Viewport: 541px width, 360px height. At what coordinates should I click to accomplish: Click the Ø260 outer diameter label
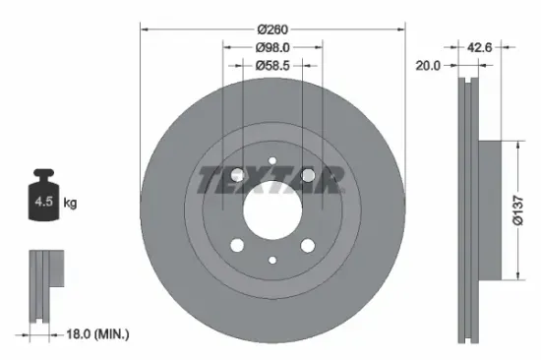coord(272,30)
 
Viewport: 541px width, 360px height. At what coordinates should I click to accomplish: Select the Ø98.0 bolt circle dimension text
coord(271,47)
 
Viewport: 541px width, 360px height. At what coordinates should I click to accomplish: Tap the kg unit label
coord(71,204)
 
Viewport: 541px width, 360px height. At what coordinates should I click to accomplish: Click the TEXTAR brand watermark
coord(271,180)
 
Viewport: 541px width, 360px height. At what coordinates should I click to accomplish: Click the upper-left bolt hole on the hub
coord(236,175)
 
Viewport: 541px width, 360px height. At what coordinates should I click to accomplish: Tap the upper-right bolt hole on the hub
coord(308,175)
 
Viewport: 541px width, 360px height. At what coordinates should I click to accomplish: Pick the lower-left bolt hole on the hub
coord(236,246)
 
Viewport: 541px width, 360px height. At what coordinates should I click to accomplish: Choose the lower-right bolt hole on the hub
coord(308,246)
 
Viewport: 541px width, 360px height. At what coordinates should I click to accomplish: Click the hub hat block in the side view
coord(489,210)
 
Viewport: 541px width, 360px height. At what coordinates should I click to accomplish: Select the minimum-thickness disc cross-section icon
coord(42,285)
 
